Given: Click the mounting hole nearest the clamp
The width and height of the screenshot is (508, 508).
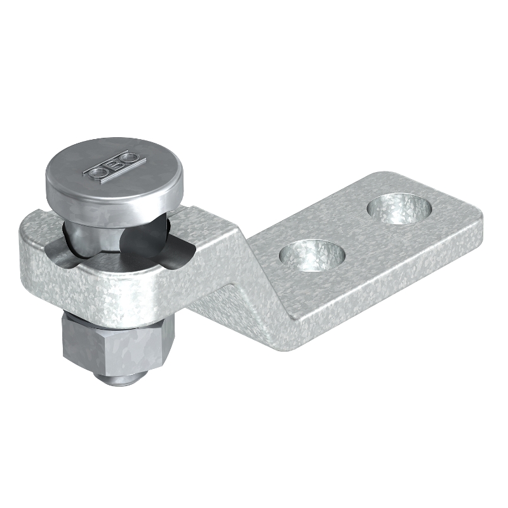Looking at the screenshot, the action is pyautogui.click(x=311, y=255).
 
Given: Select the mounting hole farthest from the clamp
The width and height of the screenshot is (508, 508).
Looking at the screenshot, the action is pyautogui.click(x=400, y=209).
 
